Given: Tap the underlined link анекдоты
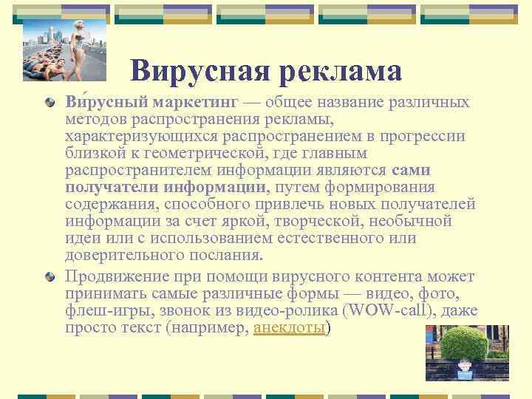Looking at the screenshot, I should pos(289,328).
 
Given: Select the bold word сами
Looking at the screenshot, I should pos(412,170).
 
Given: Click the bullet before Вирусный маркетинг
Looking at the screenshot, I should pos(49,103).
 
